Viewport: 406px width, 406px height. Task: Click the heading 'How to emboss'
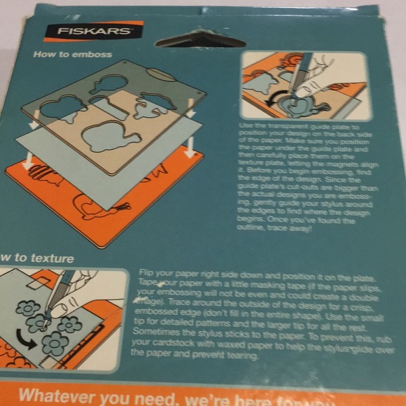(72, 54)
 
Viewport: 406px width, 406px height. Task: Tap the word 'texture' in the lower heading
(51, 258)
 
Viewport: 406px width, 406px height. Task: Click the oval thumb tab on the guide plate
(161, 73)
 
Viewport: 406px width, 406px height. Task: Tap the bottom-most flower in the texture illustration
(55, 342)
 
